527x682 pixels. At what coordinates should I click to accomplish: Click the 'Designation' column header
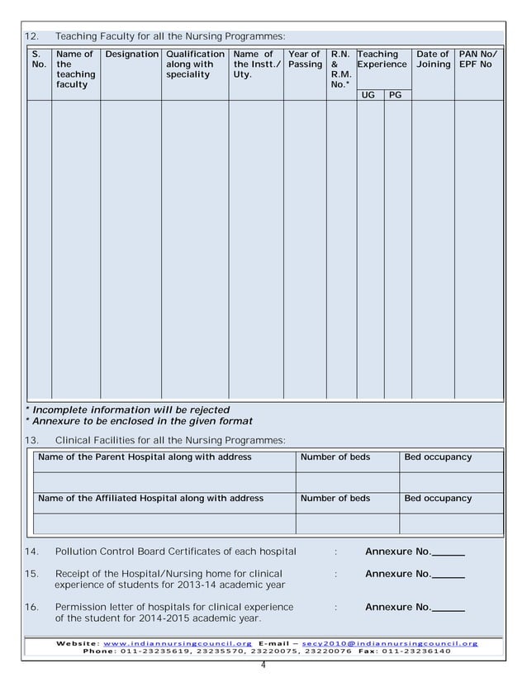(131, 54)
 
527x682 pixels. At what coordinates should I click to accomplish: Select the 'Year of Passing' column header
(305, 59)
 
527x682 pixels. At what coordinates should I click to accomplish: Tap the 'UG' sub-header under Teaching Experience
(368, 96)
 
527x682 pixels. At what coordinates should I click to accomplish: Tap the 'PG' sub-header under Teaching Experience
(396, 96)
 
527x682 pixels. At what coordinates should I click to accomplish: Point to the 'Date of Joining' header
(433, 59)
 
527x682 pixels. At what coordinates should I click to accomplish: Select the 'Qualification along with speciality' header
(195, 64)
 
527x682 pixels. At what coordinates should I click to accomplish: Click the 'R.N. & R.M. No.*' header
(340, 69)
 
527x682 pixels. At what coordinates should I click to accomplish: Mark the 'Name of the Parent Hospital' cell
(145, 457)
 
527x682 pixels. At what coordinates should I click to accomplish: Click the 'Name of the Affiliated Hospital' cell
(151, 499)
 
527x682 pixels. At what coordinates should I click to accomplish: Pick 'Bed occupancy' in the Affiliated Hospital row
(438, 499)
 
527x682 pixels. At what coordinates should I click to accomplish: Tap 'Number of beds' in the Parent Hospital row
(335, 457)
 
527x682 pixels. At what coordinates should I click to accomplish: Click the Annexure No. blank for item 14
(449, 552)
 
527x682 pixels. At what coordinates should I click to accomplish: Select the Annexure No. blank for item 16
(449, 608)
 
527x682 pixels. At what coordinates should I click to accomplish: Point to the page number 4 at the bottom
(263, 665)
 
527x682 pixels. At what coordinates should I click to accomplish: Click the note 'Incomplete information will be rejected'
(128, 410)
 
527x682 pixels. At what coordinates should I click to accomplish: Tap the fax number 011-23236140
(411, 651)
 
